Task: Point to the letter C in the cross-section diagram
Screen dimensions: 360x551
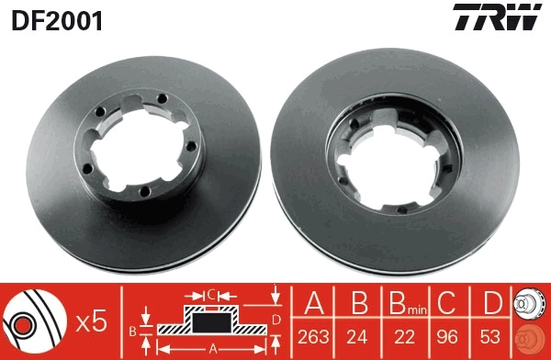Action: (x=210, y=294)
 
